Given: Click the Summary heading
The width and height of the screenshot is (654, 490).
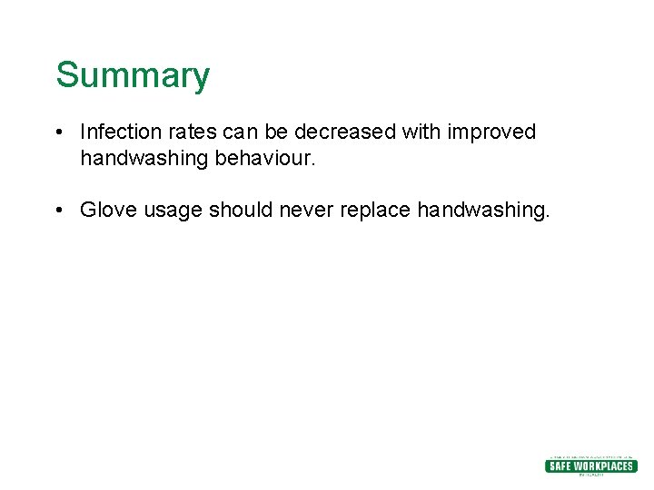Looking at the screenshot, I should pyautogui.click(x=133, y=75).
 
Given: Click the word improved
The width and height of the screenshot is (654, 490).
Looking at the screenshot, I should pyautogui.click(x=491, y=132).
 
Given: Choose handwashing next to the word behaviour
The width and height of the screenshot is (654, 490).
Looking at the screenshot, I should pyautogui.click(x=144, y=159).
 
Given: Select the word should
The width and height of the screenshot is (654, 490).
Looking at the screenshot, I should pyautogui.click(x=241, y=211).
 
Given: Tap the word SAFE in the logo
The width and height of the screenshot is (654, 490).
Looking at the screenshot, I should pyautogui.click(x=560, y=466).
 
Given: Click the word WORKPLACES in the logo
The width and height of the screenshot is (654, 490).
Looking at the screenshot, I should pyautogui.click(x=604, y=466).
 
